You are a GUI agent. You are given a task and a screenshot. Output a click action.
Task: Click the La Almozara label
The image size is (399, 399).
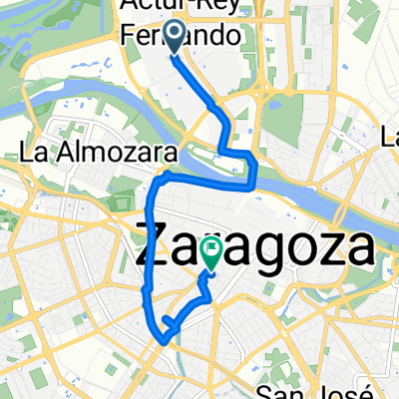tap(98, 154)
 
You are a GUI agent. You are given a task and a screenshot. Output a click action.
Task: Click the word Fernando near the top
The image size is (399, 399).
tap(181, 37)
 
